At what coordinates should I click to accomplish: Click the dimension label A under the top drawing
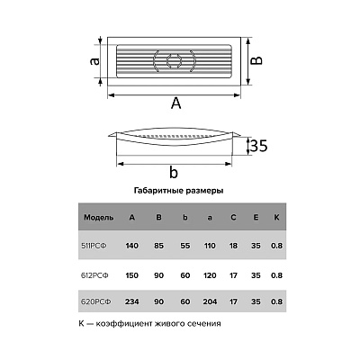(176, 103)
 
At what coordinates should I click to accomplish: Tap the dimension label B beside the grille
(256, 60)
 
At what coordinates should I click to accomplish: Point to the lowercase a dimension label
(94, 61)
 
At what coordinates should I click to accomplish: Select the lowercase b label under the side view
(174, 173)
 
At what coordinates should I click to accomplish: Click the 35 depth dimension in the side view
(258, 146)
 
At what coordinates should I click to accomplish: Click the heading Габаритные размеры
(178, 191)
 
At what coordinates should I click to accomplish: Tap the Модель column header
(99, 218)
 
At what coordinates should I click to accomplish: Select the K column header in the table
(276, 217)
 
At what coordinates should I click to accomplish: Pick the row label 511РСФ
(94, 246)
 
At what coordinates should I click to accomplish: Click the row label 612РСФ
(94, 275)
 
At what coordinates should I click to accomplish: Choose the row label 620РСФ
(96, 301)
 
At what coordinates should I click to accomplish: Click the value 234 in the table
(131, 301)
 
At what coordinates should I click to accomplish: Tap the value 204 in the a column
(210, 301)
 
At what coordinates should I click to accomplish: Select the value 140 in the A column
(131, 246)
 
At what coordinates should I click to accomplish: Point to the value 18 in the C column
(233, 246)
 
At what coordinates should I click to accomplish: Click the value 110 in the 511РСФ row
(210, 246)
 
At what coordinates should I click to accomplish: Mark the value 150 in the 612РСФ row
(131, 275)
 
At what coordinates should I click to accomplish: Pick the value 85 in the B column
(158, 246)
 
